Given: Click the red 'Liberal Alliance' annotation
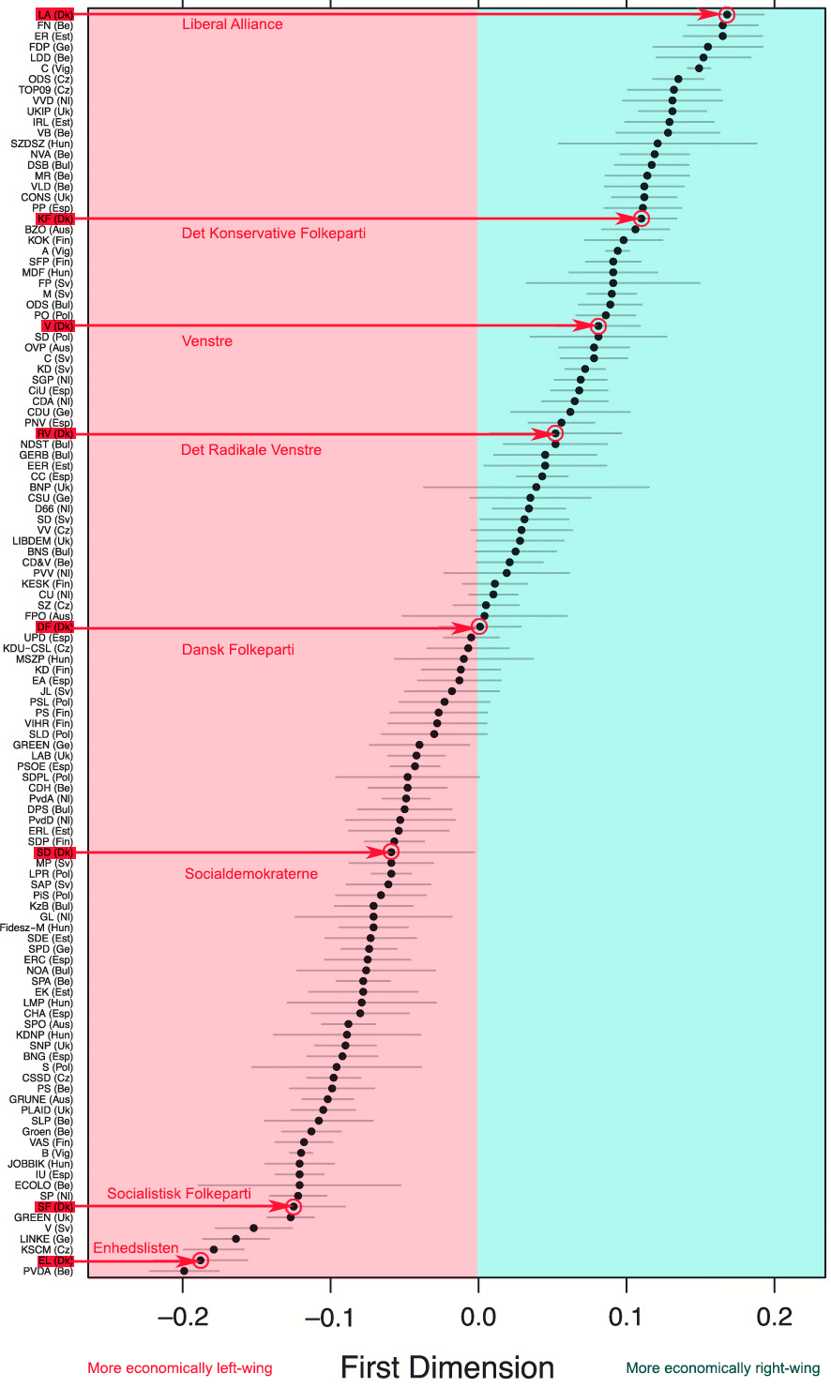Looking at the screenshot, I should point(232,24).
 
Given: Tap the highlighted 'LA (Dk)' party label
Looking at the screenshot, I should point(54,14).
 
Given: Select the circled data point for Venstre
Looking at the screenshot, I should point(598,326).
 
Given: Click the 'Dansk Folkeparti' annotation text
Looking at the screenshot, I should point(238,650).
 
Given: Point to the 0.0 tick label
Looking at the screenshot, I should point(478,1317).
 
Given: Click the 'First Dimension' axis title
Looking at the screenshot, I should point(447,1367).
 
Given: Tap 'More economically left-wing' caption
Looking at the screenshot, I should point(180,1368).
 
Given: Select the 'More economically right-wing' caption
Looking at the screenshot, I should point(723,1368).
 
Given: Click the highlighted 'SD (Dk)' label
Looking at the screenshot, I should point(54,852).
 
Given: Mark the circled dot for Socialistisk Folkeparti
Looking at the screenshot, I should point(293,1207).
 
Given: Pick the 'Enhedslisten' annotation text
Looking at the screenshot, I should point(136,1248).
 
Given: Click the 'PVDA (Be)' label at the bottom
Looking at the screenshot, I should point(48,1272).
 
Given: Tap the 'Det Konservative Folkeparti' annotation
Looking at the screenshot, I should point(274,234).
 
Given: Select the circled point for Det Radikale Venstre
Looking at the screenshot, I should point(555,433).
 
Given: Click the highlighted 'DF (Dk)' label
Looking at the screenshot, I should point(54,626).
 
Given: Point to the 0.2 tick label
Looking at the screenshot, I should point(775,1317).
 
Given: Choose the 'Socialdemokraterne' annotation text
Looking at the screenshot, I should point(251,874).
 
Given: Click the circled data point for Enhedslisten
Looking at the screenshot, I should point(200,1260).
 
